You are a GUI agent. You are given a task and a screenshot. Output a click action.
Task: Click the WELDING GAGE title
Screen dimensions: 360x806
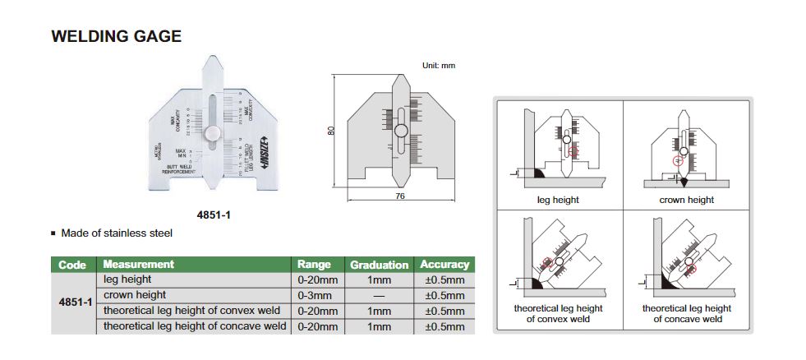116,37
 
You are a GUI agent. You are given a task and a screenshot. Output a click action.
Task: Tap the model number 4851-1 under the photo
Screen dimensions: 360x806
213,215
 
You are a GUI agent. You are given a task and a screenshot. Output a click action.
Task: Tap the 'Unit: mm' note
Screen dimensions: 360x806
438,65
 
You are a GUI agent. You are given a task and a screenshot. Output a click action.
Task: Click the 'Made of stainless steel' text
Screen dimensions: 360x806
117,233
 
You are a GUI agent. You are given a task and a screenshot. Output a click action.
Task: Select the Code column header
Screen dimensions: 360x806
73,265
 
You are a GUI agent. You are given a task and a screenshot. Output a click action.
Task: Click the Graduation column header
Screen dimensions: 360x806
379,265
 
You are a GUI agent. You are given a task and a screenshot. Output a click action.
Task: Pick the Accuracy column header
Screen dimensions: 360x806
444,265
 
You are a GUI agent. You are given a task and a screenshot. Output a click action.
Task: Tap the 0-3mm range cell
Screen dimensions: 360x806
315,295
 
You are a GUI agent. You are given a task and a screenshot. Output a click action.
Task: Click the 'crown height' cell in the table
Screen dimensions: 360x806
135,295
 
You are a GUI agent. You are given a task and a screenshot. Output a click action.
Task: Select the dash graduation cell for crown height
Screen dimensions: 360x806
379,295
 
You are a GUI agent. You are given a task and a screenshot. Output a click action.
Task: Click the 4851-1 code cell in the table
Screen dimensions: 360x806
74,302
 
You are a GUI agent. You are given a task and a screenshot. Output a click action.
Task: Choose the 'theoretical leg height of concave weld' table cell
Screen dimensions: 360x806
195,326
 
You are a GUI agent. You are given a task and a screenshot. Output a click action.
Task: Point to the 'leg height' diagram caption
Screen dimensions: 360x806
558,200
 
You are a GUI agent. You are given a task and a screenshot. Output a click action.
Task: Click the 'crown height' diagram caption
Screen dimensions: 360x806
686,200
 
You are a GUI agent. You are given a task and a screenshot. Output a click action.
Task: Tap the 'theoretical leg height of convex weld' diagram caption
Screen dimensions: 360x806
558,313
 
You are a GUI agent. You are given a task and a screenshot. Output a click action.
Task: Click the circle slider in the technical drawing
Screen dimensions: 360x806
402,131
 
